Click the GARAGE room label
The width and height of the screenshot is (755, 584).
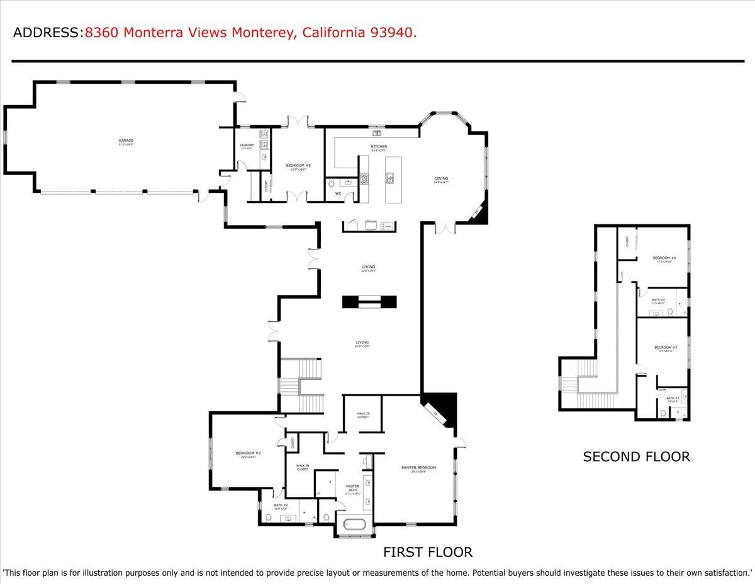point(126,140)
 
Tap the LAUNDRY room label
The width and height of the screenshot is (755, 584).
point(247,146)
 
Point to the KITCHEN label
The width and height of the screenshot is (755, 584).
point(379,147)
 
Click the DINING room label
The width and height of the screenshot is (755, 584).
point(441,178)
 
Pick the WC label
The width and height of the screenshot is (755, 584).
point(338,193)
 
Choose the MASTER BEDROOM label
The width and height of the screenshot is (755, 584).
point(418,467)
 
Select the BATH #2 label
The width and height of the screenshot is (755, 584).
point(281,505)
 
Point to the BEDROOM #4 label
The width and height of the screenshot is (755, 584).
point(664,258)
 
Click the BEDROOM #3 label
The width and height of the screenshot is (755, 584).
point(665,348)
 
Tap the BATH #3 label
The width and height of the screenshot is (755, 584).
point(673,398)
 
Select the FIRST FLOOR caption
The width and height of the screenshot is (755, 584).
point(428,553)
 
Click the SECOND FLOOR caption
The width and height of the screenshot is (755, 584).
point(636,457)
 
